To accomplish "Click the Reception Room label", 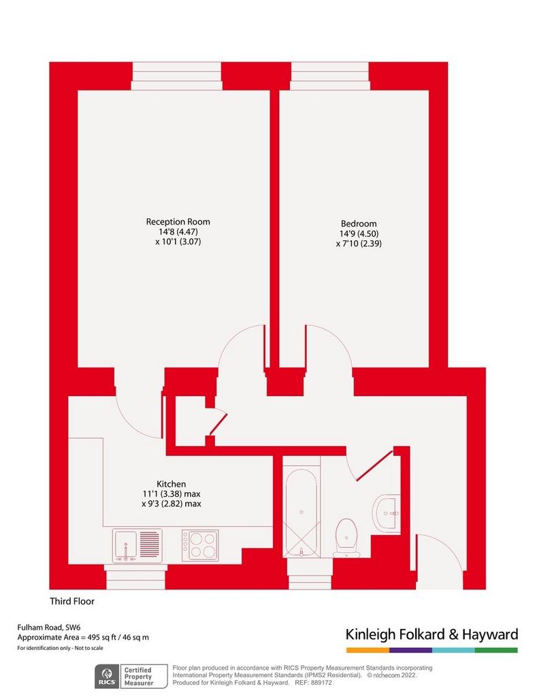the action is (178, 221).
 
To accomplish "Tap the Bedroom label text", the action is (359, 223).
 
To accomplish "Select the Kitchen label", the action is (171, 484).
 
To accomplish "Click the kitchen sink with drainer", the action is (137, 545).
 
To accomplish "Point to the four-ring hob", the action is (200, 545).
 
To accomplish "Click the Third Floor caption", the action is (72, 601).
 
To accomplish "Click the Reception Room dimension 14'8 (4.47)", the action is (178, 231).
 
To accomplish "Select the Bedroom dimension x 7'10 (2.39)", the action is (359, 243).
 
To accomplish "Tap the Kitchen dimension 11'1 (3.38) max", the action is (172, 493).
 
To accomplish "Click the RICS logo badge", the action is (107, 676).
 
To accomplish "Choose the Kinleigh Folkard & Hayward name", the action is (432, 634).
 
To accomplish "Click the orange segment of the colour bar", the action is (368, 650).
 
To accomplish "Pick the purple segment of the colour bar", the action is (410, 650).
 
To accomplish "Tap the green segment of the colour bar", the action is (496, 650).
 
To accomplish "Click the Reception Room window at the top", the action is (176, 76).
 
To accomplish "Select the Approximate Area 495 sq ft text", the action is (83, 637).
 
